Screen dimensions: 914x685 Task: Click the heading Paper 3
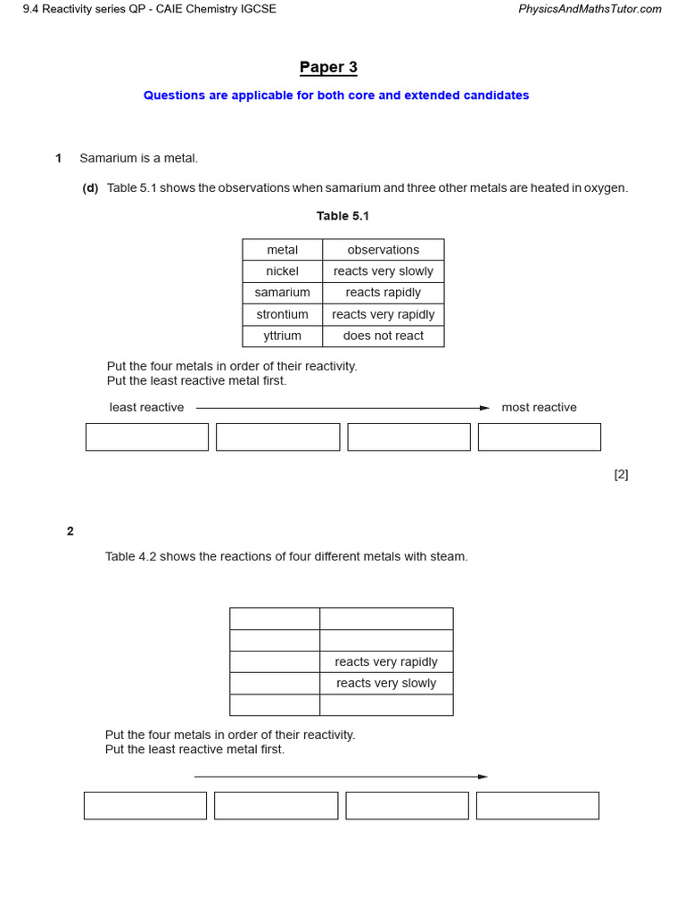click(x=328, y=68)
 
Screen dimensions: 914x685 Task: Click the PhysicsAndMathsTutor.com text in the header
click(x=590, y=9)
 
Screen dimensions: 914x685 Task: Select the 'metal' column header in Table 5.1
click(x=282, y=250)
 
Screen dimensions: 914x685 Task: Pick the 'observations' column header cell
click(x=383, y=250)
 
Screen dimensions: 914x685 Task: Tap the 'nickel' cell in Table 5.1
click(x=282, y=271)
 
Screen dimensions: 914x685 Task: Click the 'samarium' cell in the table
click(x=282, y=293)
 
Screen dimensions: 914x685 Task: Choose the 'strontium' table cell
click(x=282, y=314)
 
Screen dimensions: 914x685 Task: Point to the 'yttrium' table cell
click(x=282, y=336)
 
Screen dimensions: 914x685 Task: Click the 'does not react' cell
click(x=383, y=336)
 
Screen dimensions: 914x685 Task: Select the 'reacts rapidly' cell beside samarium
click(x=383, y=293)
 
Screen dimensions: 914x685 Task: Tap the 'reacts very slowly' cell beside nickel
click(x=383, y=271)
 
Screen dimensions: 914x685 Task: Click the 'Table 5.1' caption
click(x=342, y=216)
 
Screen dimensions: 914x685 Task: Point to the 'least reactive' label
click(x=146, y=408)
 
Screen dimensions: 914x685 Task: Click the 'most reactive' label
click(x=539, y=408)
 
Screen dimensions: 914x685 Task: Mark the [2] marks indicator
click(x=621, y=475)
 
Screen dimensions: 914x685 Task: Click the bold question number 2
click(x=70, y=531)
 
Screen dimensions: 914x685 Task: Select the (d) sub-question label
click(x=90, y=188)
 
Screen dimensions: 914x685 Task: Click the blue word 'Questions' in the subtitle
click(x=173, y=96)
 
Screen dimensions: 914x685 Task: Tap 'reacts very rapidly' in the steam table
click(x=385, y=662)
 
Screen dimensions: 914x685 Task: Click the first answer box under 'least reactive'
click(x=147, y=437)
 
